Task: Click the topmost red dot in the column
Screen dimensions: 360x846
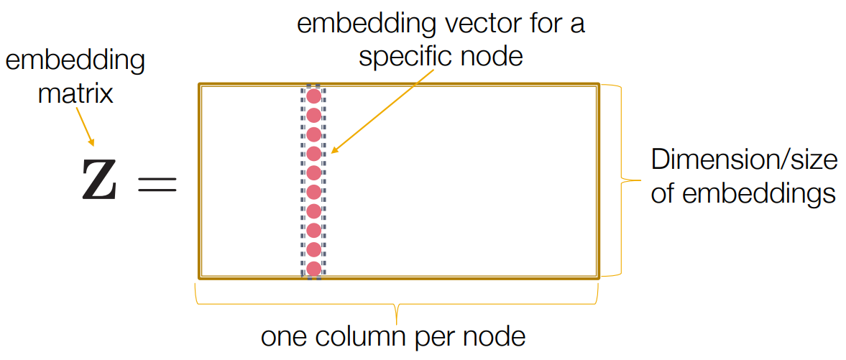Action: point(313,96)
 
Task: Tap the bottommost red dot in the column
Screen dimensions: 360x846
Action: point(313,269)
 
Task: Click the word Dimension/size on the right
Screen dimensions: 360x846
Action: point(744,160)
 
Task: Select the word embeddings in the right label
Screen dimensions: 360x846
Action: point(760,194)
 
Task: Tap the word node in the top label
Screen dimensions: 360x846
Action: point(495,56)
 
